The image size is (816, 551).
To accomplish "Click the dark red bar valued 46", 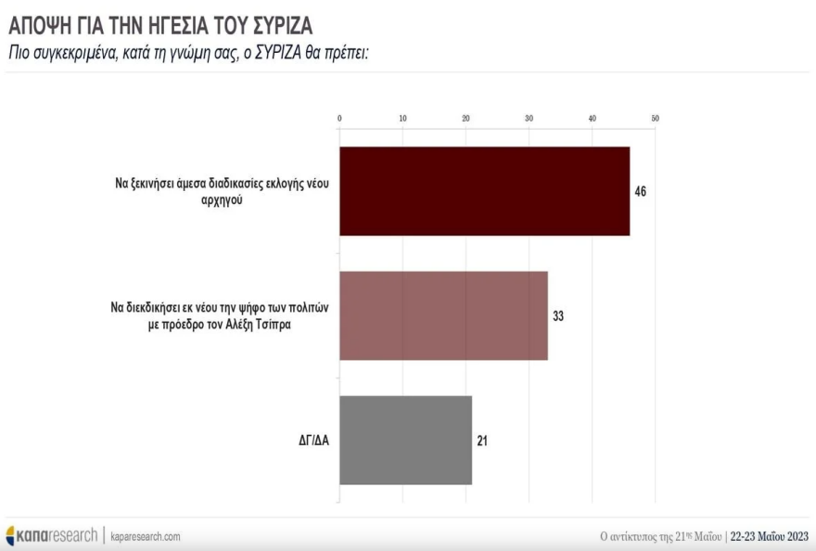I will [484, 191].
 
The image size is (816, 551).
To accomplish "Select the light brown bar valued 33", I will [443, 315].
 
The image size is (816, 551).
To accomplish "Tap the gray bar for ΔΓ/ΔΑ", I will [405, 440].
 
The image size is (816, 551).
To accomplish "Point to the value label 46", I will [640, 191].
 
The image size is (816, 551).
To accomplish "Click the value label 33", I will [558, 316].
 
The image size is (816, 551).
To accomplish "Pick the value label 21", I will [482, 441].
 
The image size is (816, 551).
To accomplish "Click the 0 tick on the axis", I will [339, 119].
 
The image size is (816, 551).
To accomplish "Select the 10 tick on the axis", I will [402, 119].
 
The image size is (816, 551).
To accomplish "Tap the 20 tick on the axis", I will [465, 119].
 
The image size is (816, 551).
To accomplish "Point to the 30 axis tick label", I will [529, 119].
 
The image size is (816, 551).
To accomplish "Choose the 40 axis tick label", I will [592, 119].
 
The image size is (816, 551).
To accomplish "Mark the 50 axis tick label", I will [655, 119].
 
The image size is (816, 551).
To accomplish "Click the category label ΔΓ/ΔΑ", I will [307, 441].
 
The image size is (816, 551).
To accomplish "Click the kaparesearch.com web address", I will [146, 536].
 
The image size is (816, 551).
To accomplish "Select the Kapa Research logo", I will [51, 535].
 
